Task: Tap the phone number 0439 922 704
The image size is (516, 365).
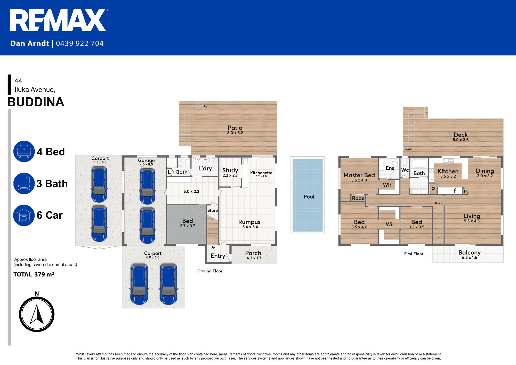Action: [80, 43]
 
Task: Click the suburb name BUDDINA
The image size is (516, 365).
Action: [36, 102]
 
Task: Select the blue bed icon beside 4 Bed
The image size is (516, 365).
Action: [24, 152]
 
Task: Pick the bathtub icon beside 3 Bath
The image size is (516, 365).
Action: [24, 184]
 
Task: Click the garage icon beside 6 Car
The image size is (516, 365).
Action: [24, 215]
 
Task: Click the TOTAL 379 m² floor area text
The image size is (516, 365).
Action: [34, 274]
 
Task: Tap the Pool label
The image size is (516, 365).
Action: [309, 197]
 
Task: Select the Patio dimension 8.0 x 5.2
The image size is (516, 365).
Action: [235, 133]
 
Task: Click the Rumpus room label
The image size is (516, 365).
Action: [249, 222]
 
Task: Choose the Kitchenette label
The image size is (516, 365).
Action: [261, 173]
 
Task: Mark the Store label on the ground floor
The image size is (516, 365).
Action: [213, 210]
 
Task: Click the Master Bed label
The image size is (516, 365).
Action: [359, 175]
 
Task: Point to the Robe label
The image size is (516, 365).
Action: [358, 198]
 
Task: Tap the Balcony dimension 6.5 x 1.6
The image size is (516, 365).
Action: [470, 258]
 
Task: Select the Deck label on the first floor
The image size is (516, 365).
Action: [461, 135]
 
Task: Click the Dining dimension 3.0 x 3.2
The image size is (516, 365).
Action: [485, 176]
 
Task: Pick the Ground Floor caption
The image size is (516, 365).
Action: [210, 271]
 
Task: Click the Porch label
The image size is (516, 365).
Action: [253, 253]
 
